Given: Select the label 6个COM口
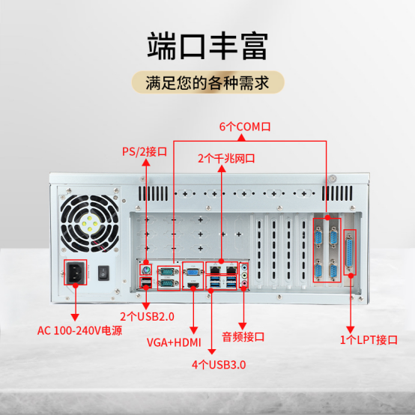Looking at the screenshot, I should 244,127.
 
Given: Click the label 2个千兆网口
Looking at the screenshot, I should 226,159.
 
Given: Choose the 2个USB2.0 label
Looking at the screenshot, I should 147,316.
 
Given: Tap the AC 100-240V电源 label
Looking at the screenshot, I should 80,330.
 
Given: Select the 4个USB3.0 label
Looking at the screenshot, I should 218,365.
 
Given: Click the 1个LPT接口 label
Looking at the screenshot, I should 368,340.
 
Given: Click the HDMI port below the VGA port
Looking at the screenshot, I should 193,285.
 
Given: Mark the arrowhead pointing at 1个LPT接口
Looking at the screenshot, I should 350,327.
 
